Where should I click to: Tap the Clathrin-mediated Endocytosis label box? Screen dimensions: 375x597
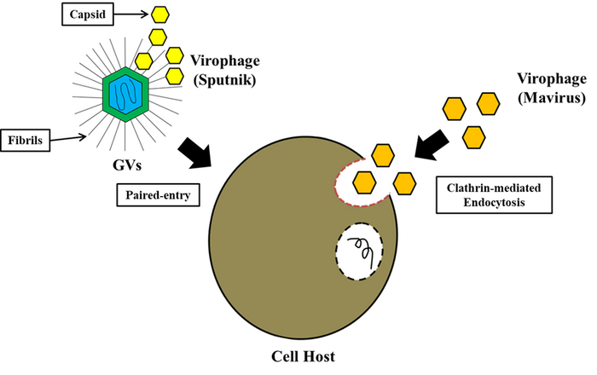483,194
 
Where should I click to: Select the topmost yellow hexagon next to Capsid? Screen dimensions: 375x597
159,14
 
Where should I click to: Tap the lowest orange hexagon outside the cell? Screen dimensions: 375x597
473,136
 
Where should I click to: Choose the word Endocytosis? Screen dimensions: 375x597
483,204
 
